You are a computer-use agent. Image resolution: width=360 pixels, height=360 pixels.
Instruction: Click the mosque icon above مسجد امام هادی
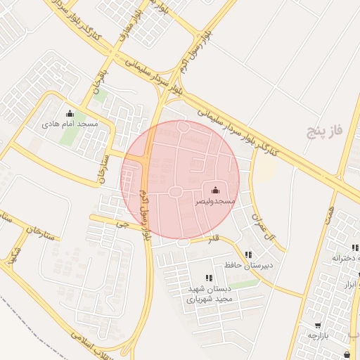69,113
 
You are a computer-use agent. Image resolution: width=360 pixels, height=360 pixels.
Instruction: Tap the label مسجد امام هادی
70,124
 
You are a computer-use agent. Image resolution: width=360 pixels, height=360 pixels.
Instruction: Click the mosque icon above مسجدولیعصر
214,191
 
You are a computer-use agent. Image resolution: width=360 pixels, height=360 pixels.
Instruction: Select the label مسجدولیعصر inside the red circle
215,201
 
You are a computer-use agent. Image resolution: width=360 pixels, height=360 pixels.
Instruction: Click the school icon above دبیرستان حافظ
248,255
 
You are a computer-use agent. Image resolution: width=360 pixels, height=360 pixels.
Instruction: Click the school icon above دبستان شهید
208,278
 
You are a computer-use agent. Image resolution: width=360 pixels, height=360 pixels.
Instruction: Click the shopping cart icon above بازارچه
318,325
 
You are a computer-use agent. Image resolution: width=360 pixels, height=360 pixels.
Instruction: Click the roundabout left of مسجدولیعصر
175,192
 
